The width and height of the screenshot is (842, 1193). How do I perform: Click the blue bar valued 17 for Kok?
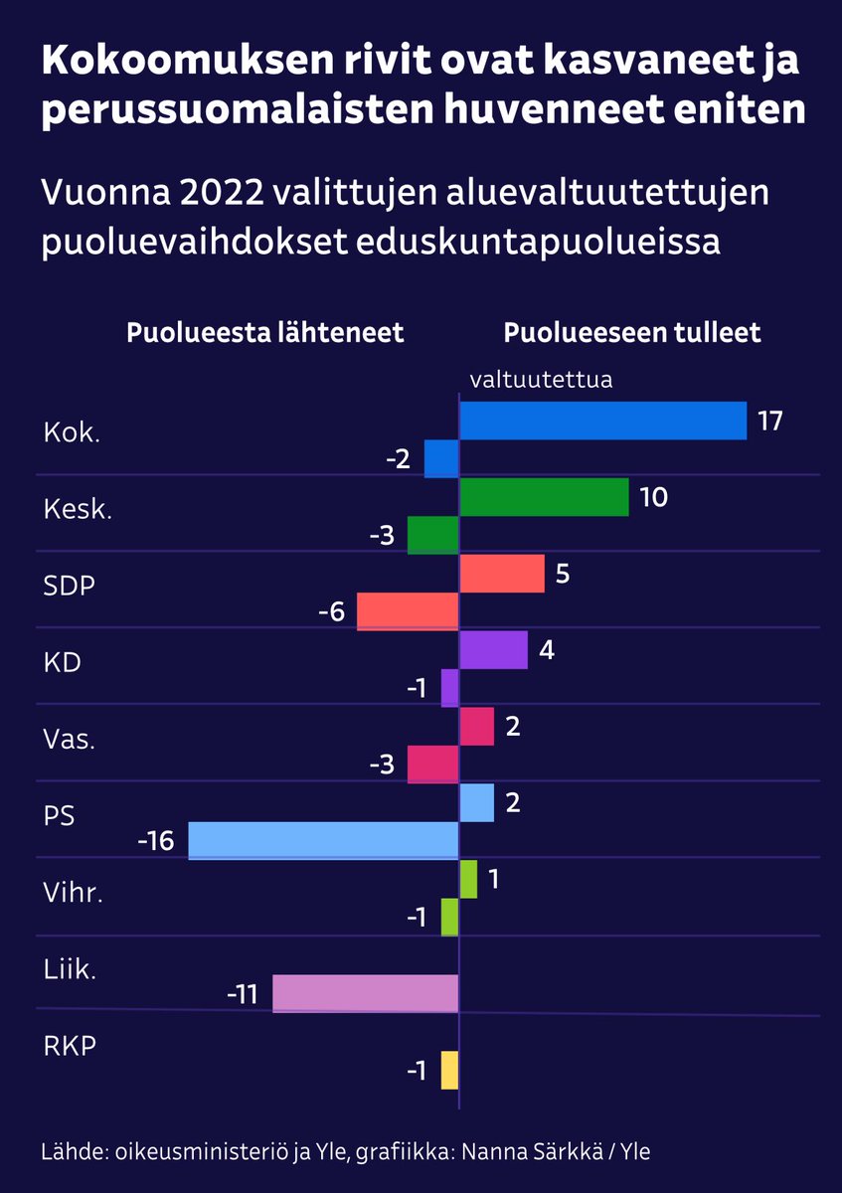tap(602, 421)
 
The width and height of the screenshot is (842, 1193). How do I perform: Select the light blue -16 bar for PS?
tap(323, 840)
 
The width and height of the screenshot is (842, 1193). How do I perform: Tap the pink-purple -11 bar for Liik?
tap(365, 993)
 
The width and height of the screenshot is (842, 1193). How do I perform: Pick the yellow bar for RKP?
tap(449, 1070)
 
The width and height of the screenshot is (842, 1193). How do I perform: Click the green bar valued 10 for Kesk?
tap(544, 497)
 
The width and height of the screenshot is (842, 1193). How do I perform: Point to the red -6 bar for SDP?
tap(408, 610)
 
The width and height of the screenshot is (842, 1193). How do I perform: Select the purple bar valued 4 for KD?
tap(493, 650)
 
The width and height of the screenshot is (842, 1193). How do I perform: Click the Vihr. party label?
tap(74, 892)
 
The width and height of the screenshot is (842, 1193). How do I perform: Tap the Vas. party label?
tap(70, 739)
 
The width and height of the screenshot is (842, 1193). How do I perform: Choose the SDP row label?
tap(70, 586)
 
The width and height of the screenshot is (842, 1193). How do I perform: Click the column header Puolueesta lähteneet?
tap(264, 332)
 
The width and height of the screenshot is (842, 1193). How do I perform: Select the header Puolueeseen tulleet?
tap(632, 332)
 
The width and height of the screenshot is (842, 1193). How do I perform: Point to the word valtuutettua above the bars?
tap(541, 379)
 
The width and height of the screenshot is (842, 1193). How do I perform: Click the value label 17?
tap(769, 421)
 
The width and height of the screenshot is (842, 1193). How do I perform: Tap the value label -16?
tap(156, 841)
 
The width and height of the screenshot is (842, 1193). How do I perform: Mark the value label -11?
tap(242, 993)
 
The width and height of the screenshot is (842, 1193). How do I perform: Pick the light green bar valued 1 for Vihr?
tap(468, 879)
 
